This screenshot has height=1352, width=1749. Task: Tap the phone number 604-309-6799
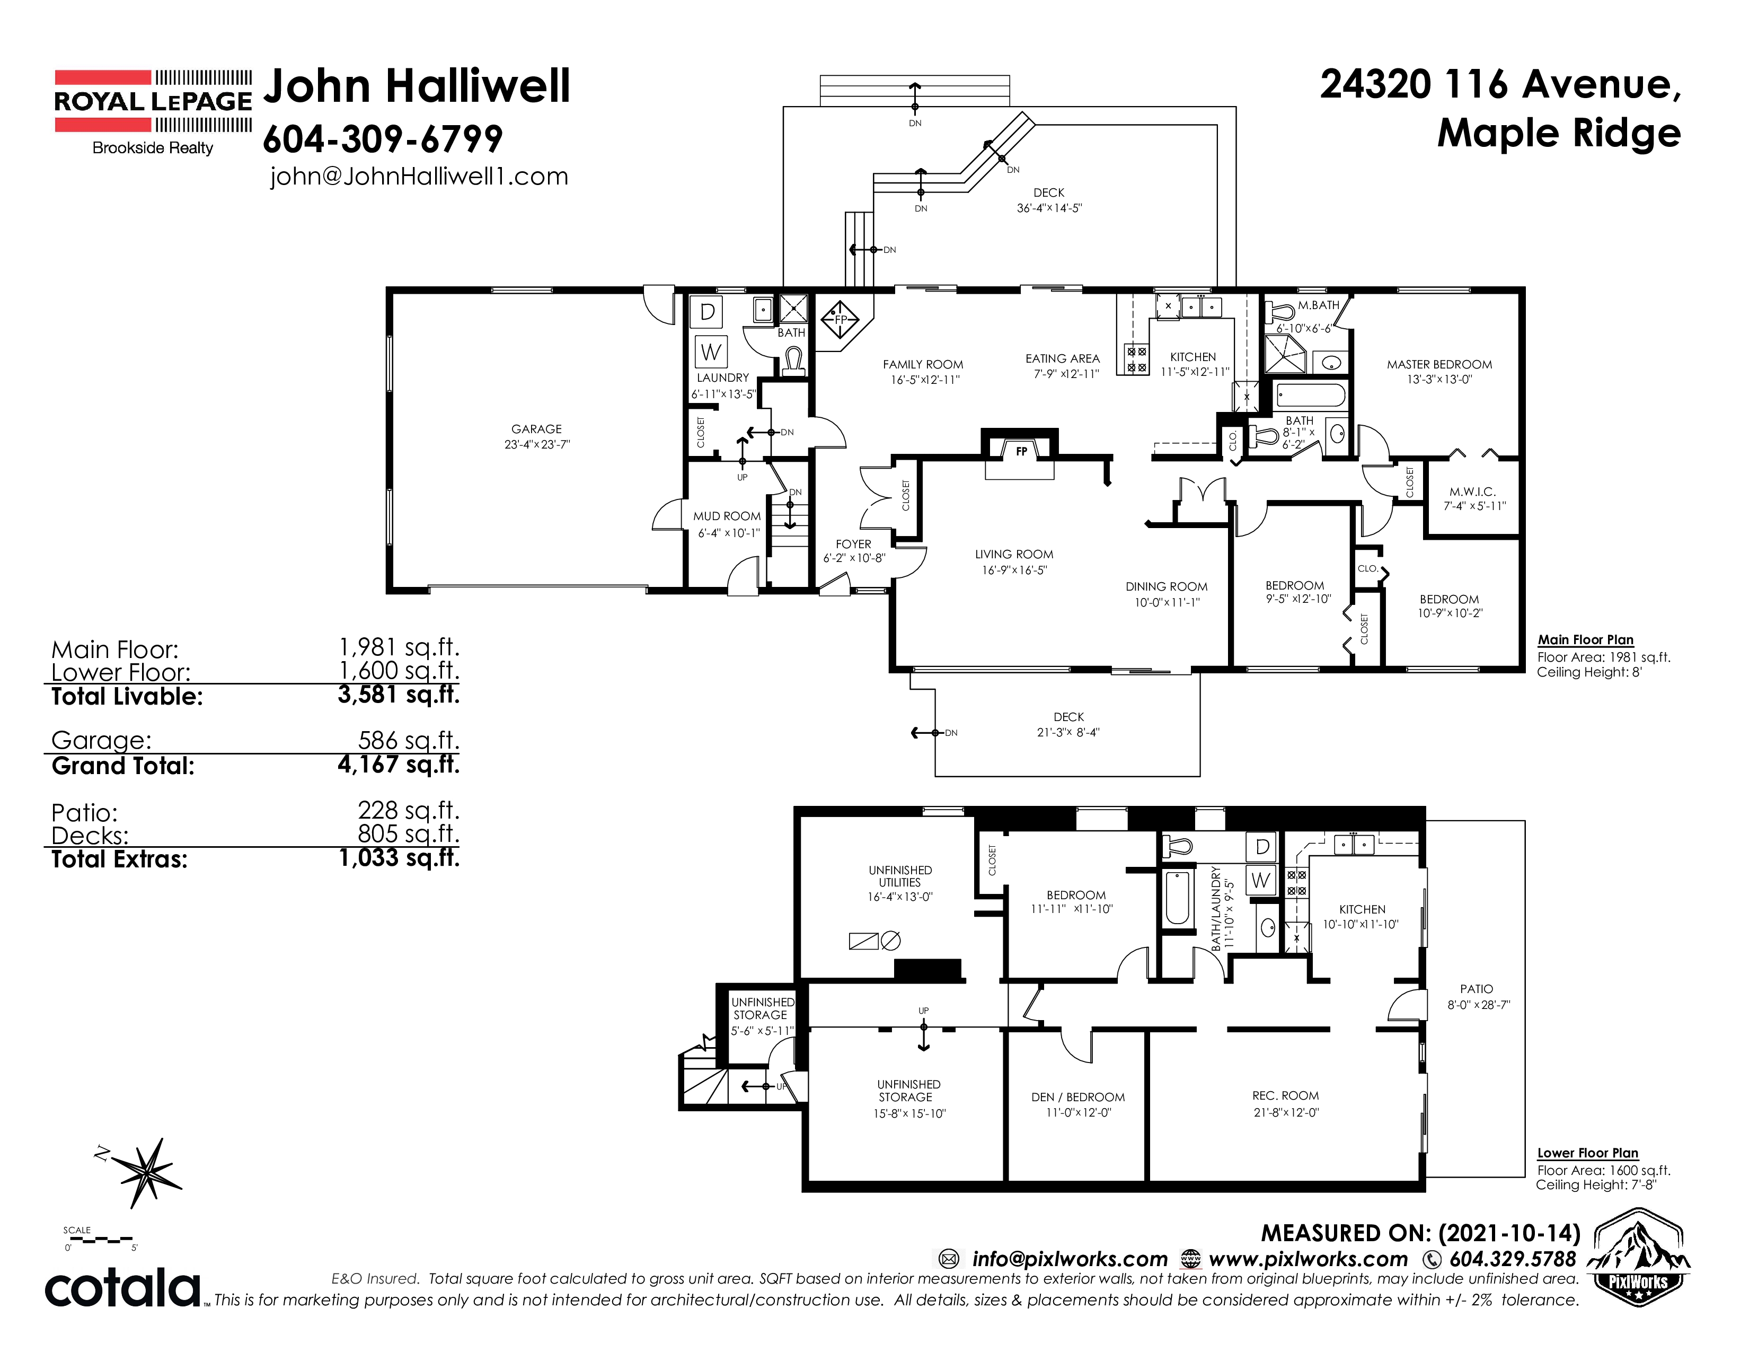pos(383,139)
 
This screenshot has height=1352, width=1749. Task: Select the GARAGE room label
pos(536,429)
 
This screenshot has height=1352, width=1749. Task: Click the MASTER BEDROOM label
pos(1439,364)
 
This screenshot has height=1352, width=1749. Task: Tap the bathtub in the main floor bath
pos(1311,396)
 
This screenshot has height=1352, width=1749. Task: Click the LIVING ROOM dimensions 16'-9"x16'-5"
pos(1014,570)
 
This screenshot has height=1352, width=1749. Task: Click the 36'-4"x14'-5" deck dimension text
pos(1049,208)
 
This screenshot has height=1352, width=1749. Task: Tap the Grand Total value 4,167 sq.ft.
pos(399,765)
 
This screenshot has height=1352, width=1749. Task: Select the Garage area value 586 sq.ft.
pos(409,740)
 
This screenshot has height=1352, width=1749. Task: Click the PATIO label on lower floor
pos(1477,989)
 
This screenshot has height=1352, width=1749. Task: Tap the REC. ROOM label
pos(1285,1096)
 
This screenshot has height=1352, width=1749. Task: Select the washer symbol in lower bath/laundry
pos(1260,880)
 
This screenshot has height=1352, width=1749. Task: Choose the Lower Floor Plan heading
pos(1587,1153)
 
